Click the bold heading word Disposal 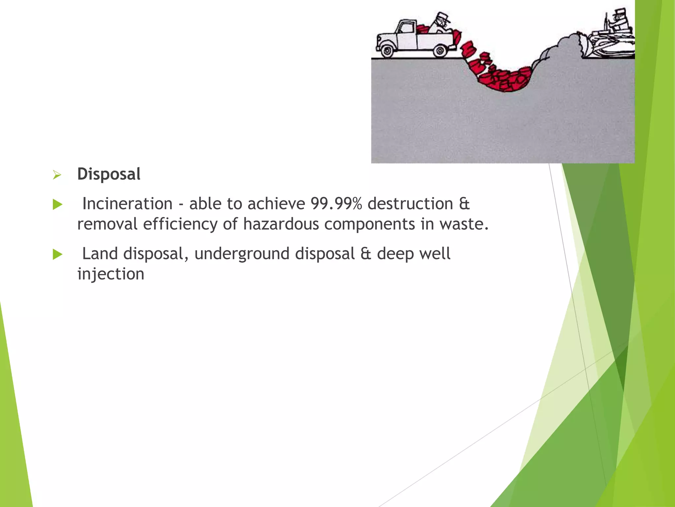(109, 174)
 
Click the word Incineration (127, 203)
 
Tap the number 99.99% (336, 203)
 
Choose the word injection (111, 274)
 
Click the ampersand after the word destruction (464, 203)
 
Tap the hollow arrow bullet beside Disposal (57, 175)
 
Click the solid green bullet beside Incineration (57, 205)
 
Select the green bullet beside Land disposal (57, 254)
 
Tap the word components (369, 224)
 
